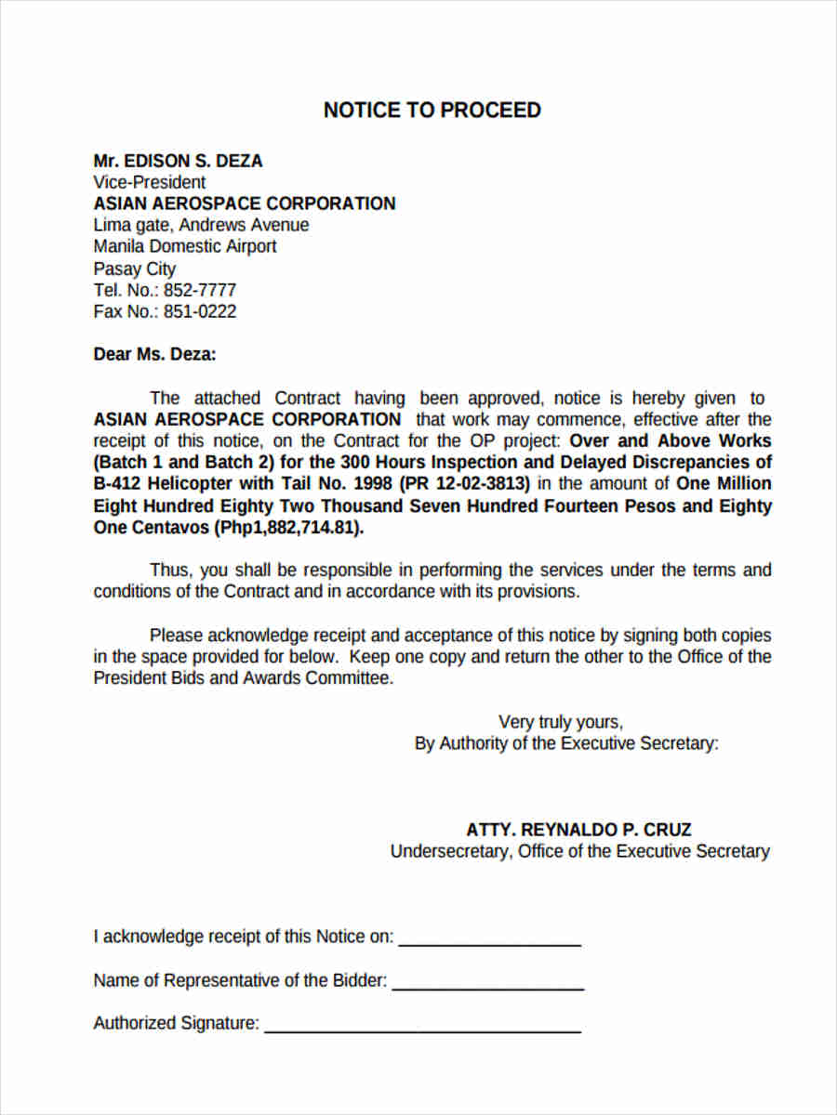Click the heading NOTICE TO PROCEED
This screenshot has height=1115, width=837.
[432, 111]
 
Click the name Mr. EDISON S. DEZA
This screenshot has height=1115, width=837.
[178, 161]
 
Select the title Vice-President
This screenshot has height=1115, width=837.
[149, 182]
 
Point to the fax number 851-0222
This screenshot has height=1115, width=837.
[200, 311]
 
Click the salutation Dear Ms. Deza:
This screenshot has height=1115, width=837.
[154, 354]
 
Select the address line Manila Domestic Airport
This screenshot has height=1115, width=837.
[184, 246]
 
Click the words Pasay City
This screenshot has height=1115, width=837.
[134, 269]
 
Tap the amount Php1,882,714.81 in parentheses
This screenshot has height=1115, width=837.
[289, 528]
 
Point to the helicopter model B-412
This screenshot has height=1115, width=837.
[117, 483]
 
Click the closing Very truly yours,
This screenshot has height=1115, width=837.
[561, 722]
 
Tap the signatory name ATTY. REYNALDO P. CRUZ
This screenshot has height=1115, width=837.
[578, 830]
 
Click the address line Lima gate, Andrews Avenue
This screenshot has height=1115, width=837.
[201, 225]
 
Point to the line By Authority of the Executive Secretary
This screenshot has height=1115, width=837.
[566, 743]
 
